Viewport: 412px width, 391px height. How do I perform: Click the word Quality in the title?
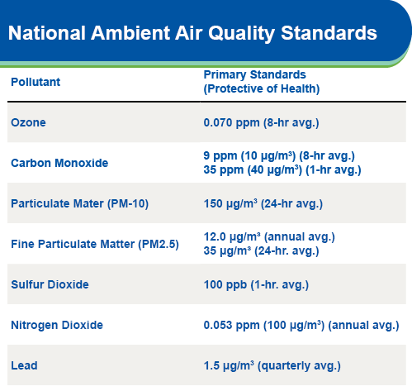(x=241, y=34)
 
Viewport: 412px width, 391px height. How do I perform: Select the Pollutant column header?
(x=36, y=82)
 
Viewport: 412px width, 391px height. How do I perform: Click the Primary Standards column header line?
(x=254, y=74)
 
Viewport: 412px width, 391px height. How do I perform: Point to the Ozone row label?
(x=28, y=122)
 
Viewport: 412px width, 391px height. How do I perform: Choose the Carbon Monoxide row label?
(x=59, y=163)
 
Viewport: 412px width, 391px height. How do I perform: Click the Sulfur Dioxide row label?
(x=50, y=284)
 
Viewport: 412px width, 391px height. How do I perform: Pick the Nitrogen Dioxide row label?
(x=57, y=325)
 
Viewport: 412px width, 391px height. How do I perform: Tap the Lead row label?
(x=24, y=365)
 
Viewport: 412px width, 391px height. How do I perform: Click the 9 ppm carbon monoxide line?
(x=279, y=156)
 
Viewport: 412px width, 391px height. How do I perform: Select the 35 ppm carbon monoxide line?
(x=282, y=170)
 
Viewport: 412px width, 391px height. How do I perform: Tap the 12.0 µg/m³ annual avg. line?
(x=269, y=237)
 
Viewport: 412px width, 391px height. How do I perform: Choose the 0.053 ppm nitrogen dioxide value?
(x=301, y=326)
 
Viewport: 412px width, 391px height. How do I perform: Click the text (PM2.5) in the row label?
(x=159, y=244)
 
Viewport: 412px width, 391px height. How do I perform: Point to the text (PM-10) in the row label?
(x=128, y=204)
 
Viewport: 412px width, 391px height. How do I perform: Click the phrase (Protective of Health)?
(x=262, y=89)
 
